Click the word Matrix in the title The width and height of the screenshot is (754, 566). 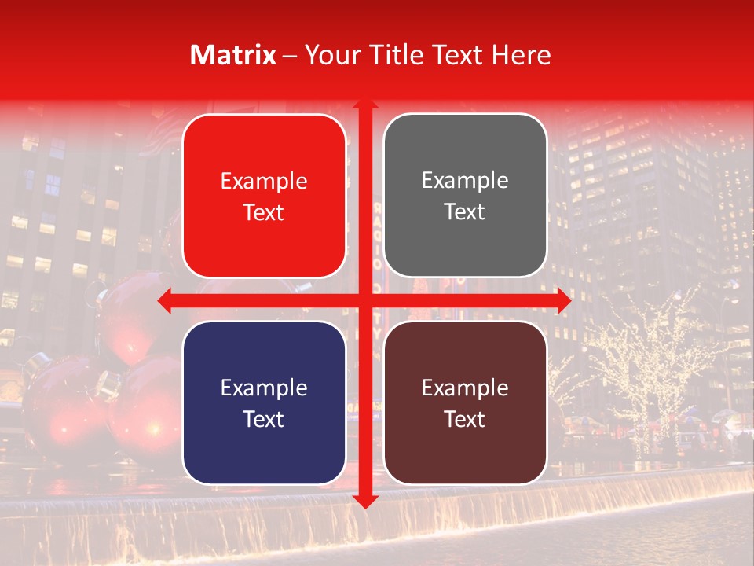pyautogui.click(x=233, y=55)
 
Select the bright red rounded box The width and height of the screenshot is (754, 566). pyautogui.click(x=264, y=196)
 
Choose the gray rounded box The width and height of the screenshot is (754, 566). pyautogui.click(x=465, y=196)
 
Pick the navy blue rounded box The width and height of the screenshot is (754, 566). pyautogui.click(x=264, y=402)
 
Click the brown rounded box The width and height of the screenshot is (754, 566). pyautogui.click(x=465, y=402)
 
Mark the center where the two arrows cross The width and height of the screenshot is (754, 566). pyautogui.click(x=364, y=300)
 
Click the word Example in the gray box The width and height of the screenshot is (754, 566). pyautogui.click(x=465, y=181)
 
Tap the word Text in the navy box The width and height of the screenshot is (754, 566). pyautogui.click(x=264, y=419)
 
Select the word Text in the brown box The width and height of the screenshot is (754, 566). pyautogui.click(x=465, y=419)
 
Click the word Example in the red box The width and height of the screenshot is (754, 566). pyautogui.click(x=264, y=181)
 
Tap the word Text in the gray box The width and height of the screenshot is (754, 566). pyautogui.click(x=465, y=212)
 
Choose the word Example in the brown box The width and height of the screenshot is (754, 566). pyautogui.click(x=465, y=388)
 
